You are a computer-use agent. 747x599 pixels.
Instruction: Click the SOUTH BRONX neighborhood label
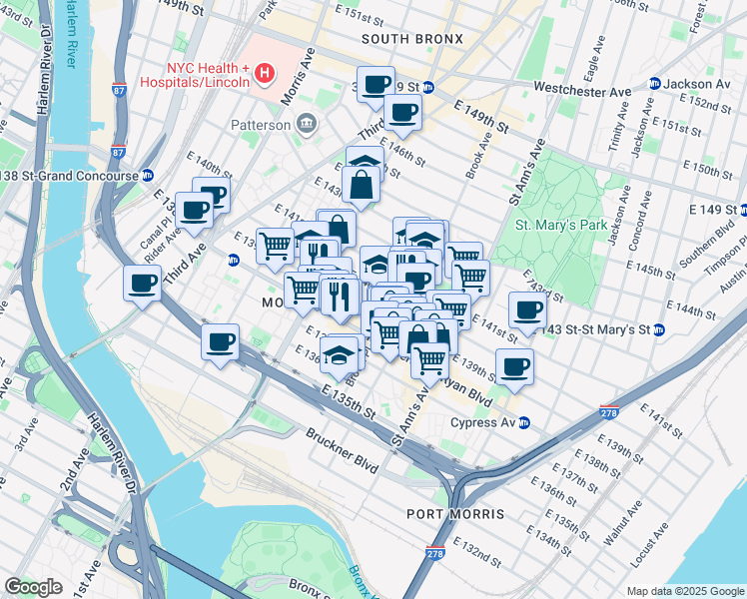[x=412, y=39]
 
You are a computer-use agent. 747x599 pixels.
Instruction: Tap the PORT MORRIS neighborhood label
[x=455, y=513]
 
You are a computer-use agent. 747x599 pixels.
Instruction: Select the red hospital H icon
[x=264, y=72]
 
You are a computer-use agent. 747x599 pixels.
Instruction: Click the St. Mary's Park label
[x=560, y=225]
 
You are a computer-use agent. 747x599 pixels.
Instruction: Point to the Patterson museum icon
[x=308, y=125]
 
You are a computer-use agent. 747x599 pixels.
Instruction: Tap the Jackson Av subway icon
[x=655, y=84]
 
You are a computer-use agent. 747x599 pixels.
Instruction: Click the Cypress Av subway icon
[x=523, y=422]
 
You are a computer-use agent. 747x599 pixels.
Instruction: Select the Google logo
[x=33, y=587]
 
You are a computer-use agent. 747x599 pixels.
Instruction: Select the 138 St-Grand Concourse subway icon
[x=147, y=175]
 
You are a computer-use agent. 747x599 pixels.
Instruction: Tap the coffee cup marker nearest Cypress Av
[x=514, y=367]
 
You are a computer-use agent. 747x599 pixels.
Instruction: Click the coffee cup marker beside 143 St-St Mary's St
[x=527, y=309]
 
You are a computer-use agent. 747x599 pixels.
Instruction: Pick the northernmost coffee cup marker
[x=376, y=84]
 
